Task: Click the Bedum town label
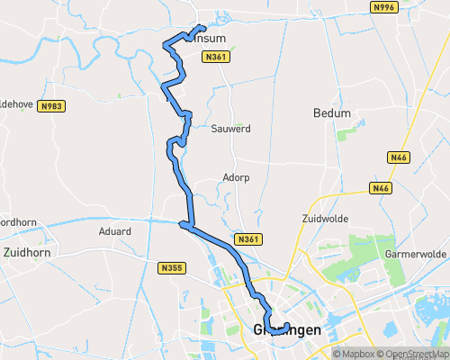(x=330, y=113)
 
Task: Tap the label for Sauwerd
(x=230, y=129)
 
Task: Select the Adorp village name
(x=237, y=177)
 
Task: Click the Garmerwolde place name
(x=416, y=254)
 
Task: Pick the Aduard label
(x=114, y=231)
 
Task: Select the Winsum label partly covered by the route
(x=209, y=38)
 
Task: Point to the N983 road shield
(x=51, y=105)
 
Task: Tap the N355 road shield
(x=171, y=267)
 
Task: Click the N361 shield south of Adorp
(x=248, y=238)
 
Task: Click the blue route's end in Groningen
(x=286, y=325)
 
